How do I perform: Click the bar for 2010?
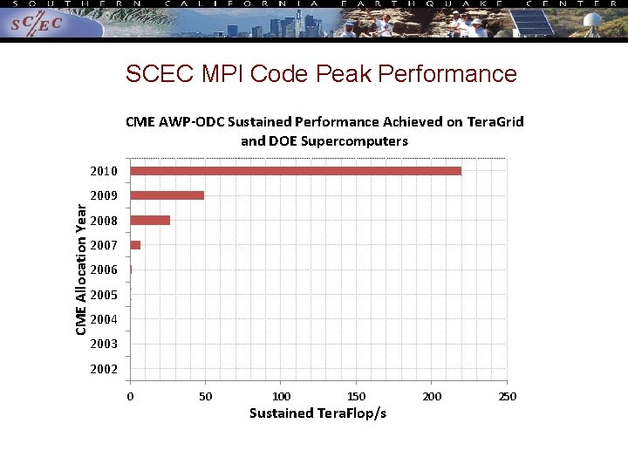(296, 171)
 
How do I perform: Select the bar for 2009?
(167, 195)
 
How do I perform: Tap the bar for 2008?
(150, 220)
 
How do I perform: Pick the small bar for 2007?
(135, 245)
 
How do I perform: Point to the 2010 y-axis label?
(103, 171)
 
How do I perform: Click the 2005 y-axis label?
(103, 295)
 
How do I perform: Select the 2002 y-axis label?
(103, 369)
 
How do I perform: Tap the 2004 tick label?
(103, 319)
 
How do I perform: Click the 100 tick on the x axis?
(281, 397)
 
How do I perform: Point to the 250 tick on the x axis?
(507, 397)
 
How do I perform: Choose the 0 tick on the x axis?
(130, 397)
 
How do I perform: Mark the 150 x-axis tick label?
(356, 397)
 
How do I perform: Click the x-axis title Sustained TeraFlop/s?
(317, 413)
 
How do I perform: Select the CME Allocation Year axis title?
(81, 269)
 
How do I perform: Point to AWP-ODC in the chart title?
(193, 122)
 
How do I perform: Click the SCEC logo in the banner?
(38, 25)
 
